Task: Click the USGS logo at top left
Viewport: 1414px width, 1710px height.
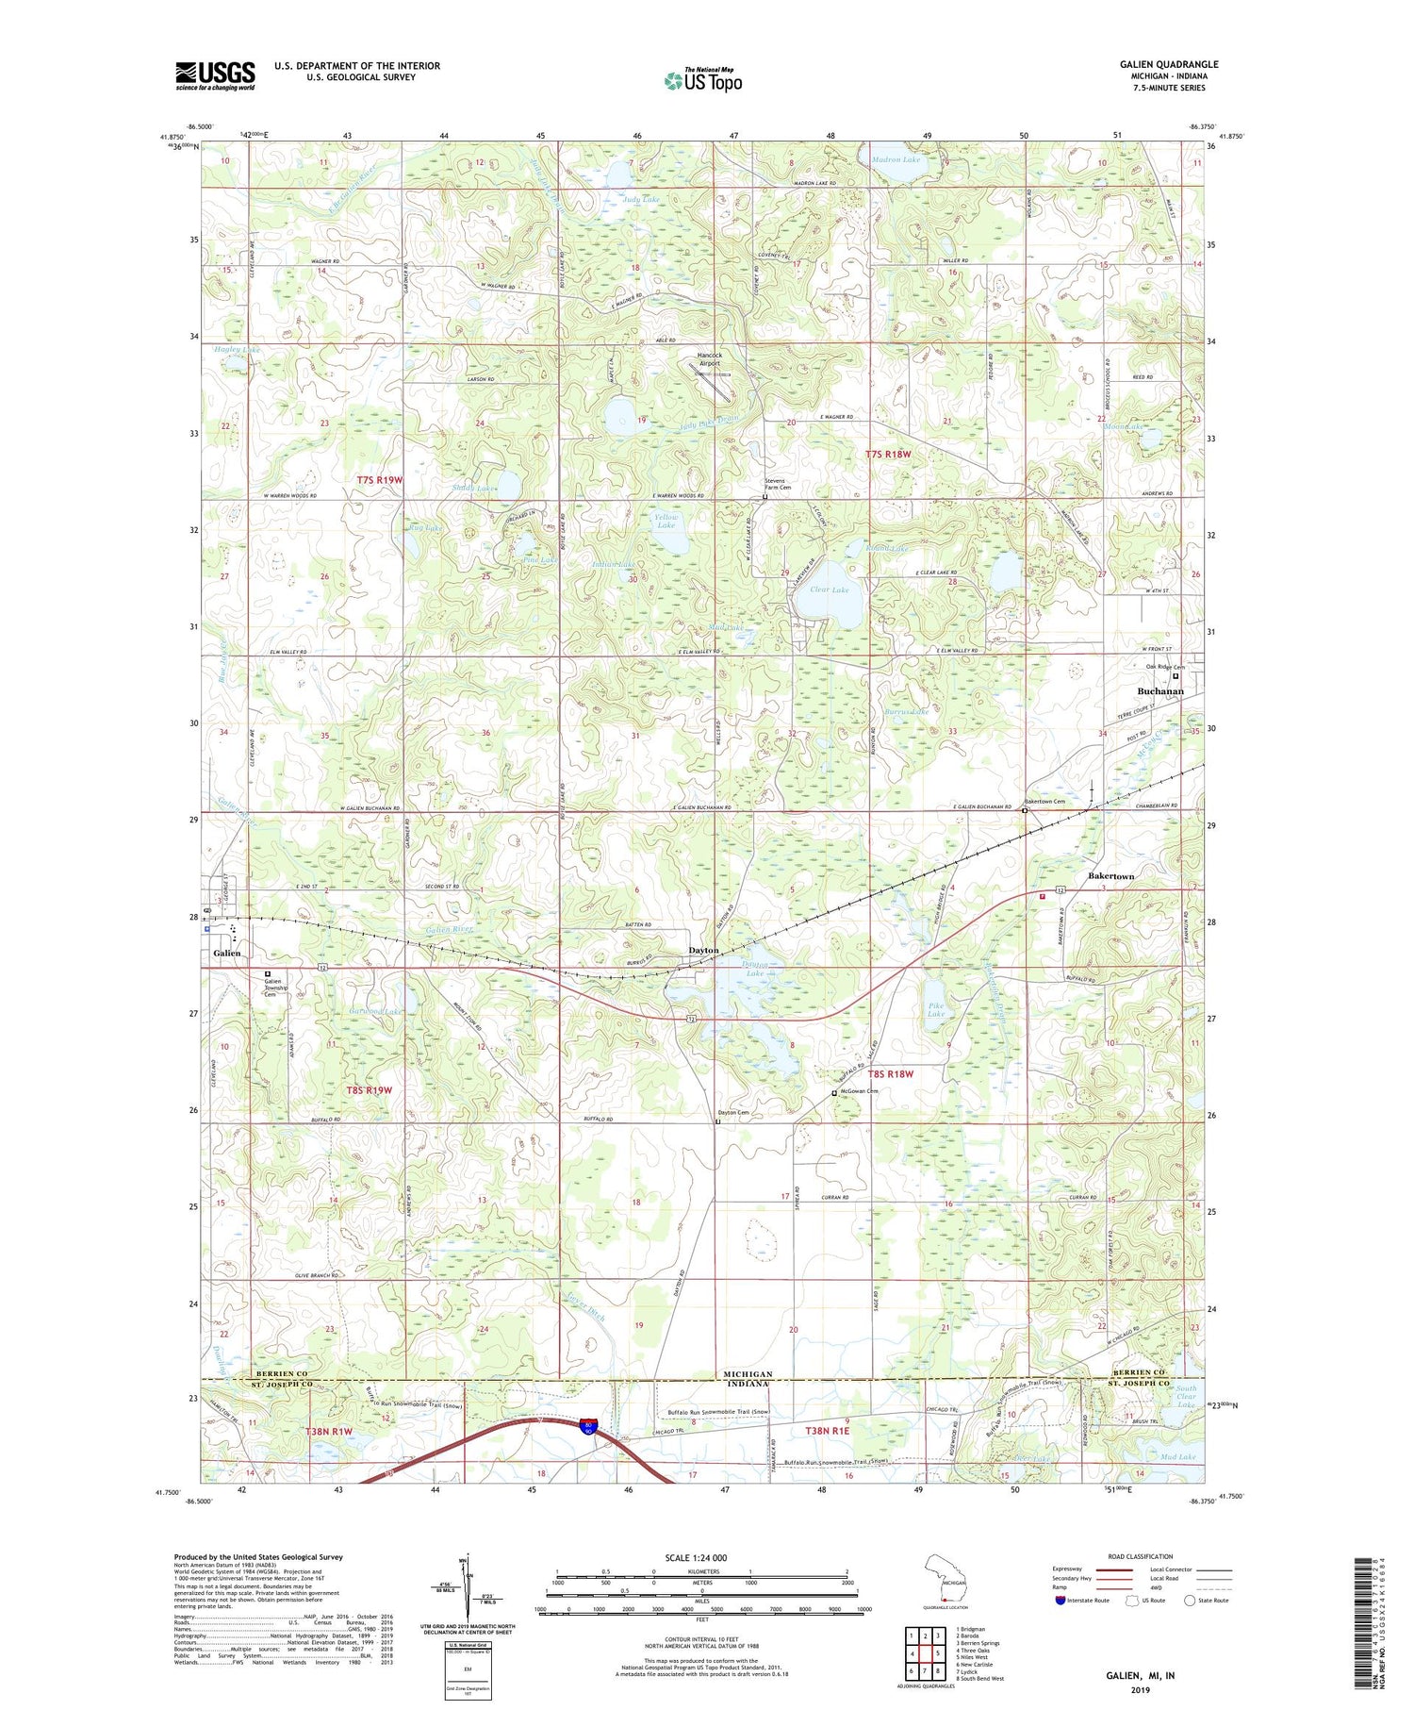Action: pyautogui.click(x=215, y=75)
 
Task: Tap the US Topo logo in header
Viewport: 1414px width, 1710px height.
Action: pyautogui.click(x=703, y=81)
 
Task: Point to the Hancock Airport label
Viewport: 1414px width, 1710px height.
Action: pyautogui.click(x=709, y=358)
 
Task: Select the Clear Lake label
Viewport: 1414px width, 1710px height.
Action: pyautogui.click(x=830, y=589)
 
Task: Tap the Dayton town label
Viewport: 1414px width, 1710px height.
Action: pyautogui.click(x=703, y=950)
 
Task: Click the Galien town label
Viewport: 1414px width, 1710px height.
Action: pyautogui.click(x=226, y=954)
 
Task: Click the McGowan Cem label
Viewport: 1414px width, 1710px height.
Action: pyautogui.click(x=859, y=1091)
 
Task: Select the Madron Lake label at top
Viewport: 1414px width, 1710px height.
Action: pyautogui.click(x=896, y=159)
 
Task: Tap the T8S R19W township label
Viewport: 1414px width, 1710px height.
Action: pyautogui.click(x=368, y=1089)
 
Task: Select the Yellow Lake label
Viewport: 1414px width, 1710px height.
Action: pyautogui.click(x=666, y=521)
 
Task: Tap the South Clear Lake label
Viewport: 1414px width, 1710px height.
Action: pyautogui.click(x=1185, y=1396)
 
